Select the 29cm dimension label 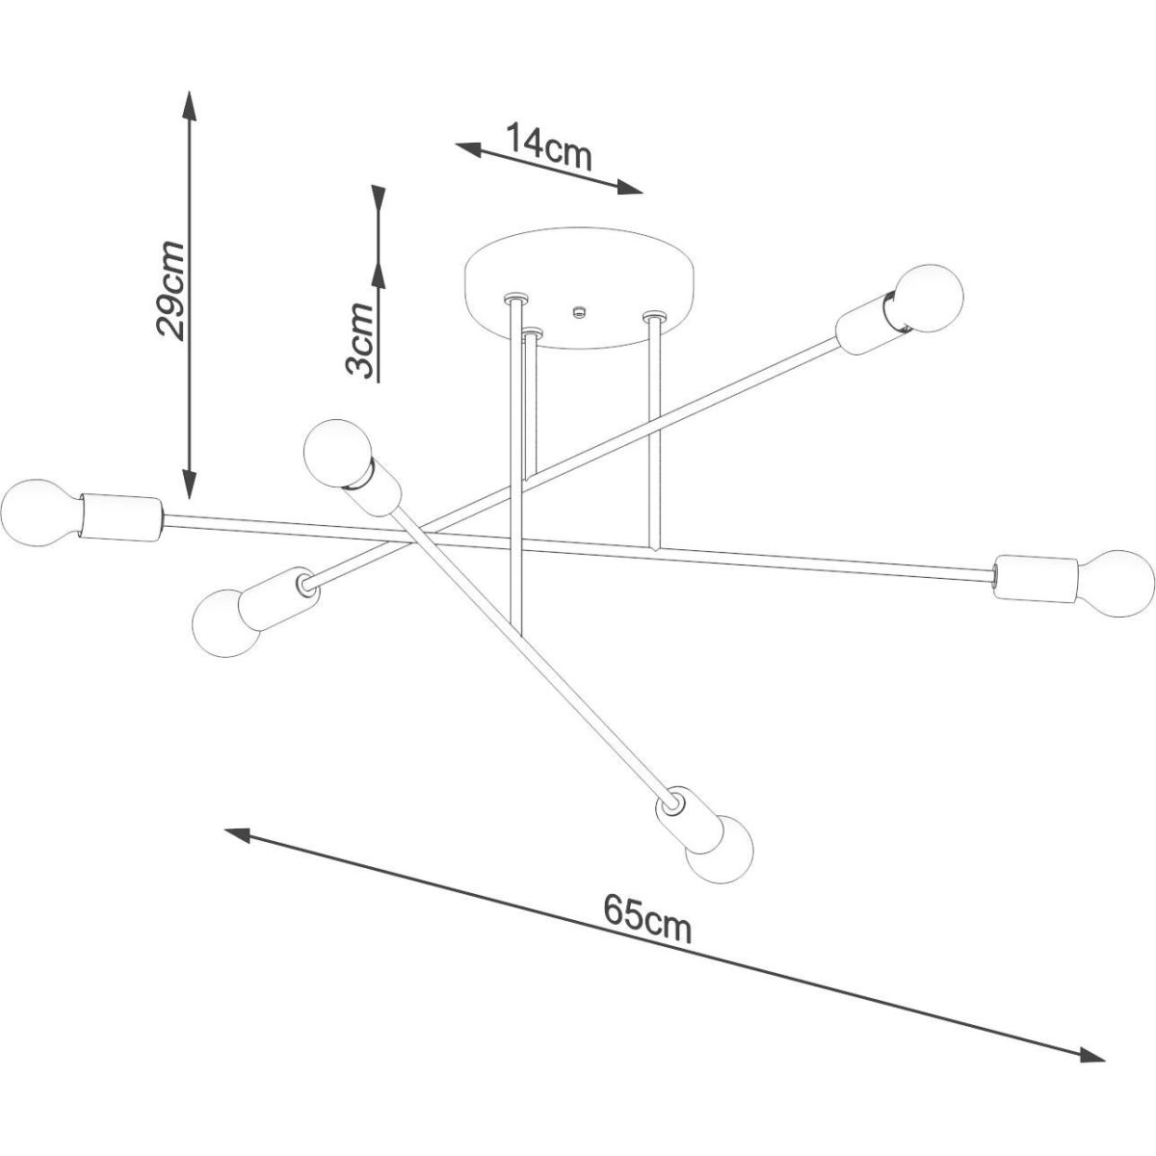[x=170, y=290]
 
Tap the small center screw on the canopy [x=579, y=311]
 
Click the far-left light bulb [x=39, y=512]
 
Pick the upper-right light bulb [x=928, y=297]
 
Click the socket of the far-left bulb [x=121, y=517]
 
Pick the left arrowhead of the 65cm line [x=237, y=834]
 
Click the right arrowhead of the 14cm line [x=629, y=189]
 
